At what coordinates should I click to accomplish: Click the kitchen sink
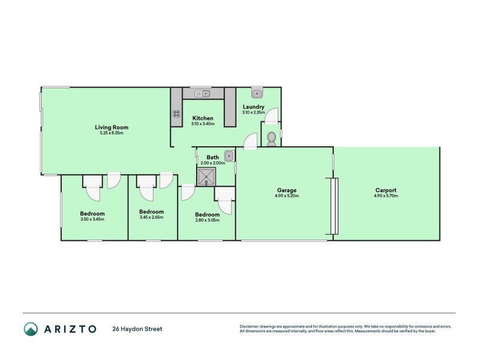click(x=203, y=93)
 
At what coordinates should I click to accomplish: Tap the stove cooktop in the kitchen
click(x=176, y=113)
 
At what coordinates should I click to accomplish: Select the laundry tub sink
click(x=256, y=93)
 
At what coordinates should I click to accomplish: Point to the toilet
click(x=271, y=138)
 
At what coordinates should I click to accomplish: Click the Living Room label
click(x=112, y=127)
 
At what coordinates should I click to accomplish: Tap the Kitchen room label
click(x=203, y=118)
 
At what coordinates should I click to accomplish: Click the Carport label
click(x=385, y=190)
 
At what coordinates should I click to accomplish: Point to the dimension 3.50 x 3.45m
click(x=92, y=220)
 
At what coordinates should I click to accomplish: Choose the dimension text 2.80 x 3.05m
click(x=207, y=220)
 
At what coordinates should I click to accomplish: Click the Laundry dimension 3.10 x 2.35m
click(x=254, y=112)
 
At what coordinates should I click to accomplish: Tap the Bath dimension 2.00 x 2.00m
click(x=212, y=163)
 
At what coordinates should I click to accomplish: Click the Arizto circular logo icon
click(x=31, y=329)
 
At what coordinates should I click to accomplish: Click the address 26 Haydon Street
click(x=137, y=329)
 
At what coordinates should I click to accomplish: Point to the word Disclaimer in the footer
click(x=251, y=326)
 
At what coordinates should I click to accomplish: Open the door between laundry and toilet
click(x=272, y=116)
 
